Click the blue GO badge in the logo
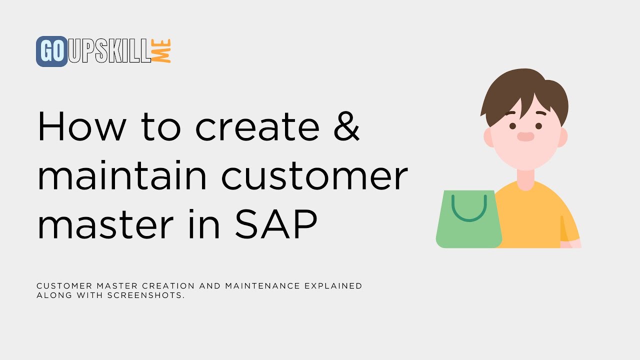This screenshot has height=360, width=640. (x=51, y=51)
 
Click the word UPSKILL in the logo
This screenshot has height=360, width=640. (x=109, y=51)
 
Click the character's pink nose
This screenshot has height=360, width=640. (x=525, y=136)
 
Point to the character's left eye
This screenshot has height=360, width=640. (x=512, y=125)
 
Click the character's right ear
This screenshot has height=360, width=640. (x=562, y=137)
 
